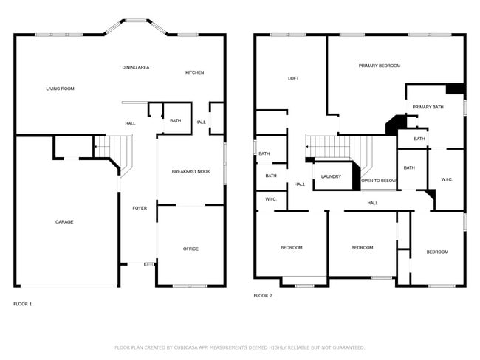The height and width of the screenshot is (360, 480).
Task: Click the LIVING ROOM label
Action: [x=61, y=89]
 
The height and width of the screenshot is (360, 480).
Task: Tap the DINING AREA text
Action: [x=136, y=67]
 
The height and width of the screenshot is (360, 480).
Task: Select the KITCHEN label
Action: [x=194, y=72]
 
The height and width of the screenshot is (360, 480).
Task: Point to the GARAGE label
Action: [x=64, y=221]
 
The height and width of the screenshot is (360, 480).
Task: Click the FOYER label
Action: [x=140, y=208]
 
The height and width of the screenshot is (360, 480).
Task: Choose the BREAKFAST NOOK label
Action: [x=191, y=171]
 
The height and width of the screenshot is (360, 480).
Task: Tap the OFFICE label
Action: [x=191, y=249]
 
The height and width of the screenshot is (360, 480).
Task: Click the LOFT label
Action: [x=293, y=78]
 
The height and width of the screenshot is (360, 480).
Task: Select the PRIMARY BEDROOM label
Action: [x=380, y=66]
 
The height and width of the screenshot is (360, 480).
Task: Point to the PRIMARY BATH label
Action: [x=428, y=107]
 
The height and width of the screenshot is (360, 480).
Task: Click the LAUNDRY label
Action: [x=331, y=176]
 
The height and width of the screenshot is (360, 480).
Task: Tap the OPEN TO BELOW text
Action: [x=378, y=181]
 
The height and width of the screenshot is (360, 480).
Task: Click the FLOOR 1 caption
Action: [x=23, y=303]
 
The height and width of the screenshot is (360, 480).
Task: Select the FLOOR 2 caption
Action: [x=263, y=295]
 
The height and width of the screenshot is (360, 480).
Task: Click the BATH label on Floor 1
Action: [x=175, y=121]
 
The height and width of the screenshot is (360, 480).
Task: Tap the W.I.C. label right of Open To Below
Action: [x=447, y=179]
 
